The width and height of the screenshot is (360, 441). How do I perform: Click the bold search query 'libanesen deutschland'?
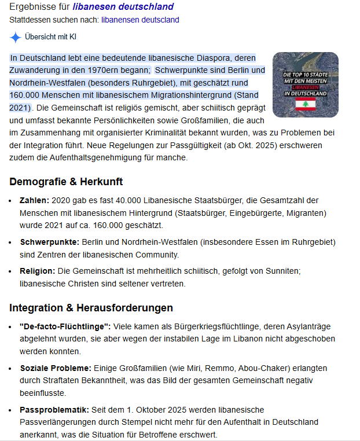click(123, 8)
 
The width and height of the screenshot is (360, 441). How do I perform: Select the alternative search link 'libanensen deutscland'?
click(140, 20)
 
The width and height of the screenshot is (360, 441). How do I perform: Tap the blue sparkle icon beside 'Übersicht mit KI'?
click(16, 38)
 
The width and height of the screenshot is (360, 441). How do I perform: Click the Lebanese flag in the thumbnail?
click(304, 104)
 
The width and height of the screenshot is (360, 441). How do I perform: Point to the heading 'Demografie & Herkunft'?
click(66, 182)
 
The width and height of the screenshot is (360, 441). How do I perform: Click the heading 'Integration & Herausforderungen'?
click(91, 307)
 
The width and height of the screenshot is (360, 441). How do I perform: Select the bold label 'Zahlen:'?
click(35, 200)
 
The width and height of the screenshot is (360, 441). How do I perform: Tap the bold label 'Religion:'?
click(38, 271)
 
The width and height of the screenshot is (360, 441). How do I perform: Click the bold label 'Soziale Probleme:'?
click(56, 368)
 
